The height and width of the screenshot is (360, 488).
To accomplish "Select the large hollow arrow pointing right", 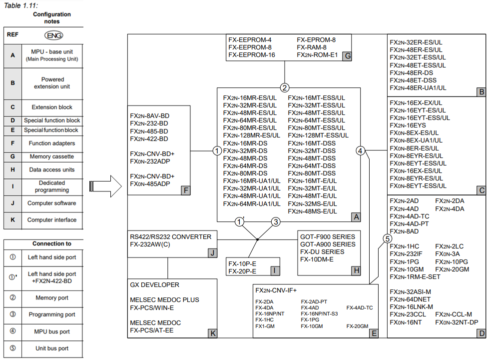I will point(105,186).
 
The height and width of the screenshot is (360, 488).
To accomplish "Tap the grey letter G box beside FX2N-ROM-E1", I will point(347,55).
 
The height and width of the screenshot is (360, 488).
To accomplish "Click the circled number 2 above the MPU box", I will point(285,87).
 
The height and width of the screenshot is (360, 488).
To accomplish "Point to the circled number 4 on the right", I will point(361,150).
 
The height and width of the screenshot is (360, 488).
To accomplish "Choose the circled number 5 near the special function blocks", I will point(387,238).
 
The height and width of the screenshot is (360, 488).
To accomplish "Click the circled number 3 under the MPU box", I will point(275,221).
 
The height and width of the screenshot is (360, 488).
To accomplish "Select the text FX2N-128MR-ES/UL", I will point(252,135).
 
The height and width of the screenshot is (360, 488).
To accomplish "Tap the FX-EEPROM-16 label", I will point(252,55).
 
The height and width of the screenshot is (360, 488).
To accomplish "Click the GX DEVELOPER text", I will point(154,285).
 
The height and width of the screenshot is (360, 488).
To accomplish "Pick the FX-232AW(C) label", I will point(149,244).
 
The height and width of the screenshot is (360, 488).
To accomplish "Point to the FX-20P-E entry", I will point(242,271).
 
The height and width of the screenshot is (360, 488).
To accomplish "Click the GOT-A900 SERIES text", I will point(328,244).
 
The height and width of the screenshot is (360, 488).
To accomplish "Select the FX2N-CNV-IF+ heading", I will point(276,290).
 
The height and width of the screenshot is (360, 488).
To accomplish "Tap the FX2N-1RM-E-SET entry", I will point(415,276).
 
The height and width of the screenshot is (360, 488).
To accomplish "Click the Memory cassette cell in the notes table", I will point(52,156).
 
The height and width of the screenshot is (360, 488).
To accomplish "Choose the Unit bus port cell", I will point(52,348).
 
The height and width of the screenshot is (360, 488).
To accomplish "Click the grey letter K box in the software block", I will point(212,333).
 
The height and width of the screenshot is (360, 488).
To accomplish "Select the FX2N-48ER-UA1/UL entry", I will point(418,88).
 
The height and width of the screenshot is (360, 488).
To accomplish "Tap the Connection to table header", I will point(52,243).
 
